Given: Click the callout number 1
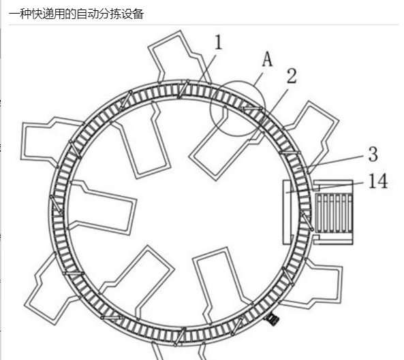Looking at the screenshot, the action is [x=218, y=42].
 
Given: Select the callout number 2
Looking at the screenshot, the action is [x=292, y=76].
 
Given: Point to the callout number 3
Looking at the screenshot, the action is [x=373, y=154].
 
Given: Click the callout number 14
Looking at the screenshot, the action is [x=378, y=181].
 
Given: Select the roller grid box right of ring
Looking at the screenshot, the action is [x=334, y=212].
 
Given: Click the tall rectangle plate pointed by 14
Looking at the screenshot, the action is [x=287, y=212].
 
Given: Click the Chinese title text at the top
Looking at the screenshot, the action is [x=76, y=14].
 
